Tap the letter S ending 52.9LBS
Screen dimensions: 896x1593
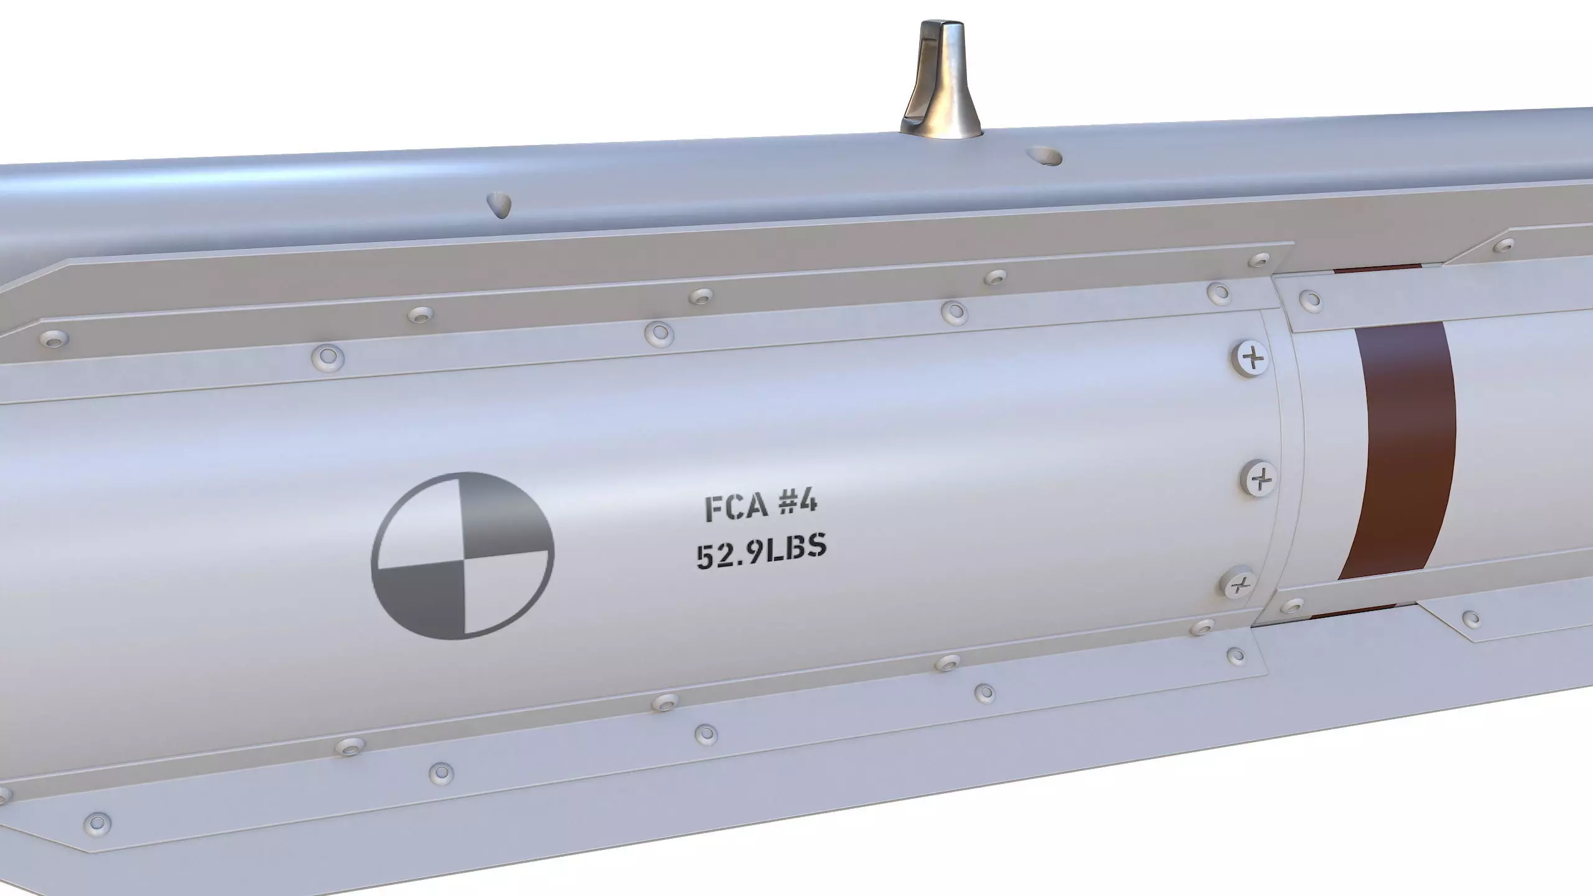[815, 547]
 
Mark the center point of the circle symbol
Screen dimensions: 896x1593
[462, 554]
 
